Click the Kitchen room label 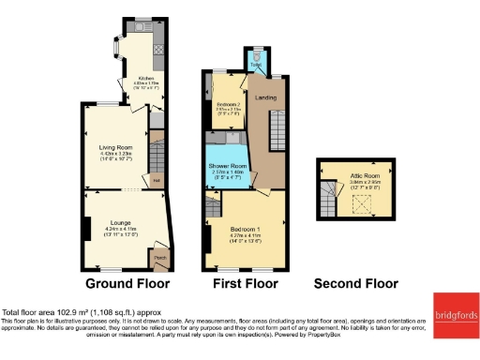click(146, 78)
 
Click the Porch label click(158, 257)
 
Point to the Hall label click(157, 180)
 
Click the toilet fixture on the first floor click(257, 58)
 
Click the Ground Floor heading click(127, 283)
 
